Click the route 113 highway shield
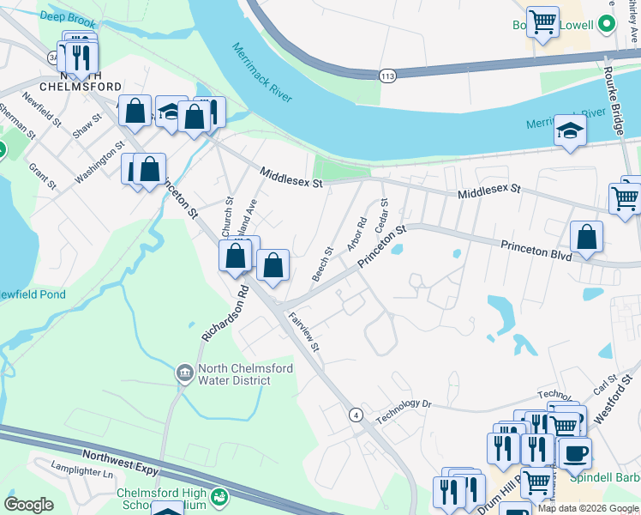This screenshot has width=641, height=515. [x=388, y=76]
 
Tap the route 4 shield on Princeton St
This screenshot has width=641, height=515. [x=354, y=415]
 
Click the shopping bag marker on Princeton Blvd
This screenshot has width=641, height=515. [x=586, y=238]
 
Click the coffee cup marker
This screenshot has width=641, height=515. [x=576, y=451]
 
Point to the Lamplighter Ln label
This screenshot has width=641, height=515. [x=81, y=473]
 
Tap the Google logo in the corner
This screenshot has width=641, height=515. [x=29, y=505]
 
